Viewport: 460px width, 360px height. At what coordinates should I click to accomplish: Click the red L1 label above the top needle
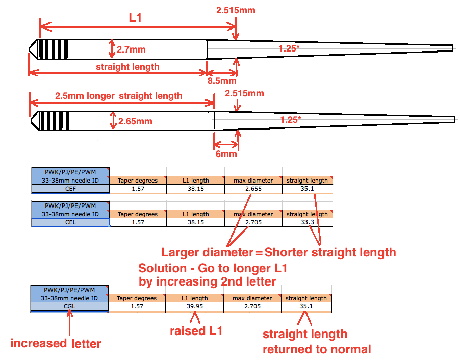[x=135, y=18]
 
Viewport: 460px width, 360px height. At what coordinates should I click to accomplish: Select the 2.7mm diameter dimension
[x=131, y=49]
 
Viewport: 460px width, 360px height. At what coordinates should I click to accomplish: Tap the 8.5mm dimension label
[x=221, y=81]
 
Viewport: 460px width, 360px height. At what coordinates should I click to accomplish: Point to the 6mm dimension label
[x=225, y=153]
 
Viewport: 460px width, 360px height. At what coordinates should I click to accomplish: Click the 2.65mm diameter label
[x=135, y=121]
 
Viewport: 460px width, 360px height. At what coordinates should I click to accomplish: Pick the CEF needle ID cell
[x=70, y=189]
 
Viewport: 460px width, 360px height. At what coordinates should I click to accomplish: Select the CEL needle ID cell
[x=70, y=222]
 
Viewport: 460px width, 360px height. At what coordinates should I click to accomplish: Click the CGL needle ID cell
[x=69, y=306]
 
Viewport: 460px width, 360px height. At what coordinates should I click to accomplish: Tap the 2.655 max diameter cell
[x=253, y=189]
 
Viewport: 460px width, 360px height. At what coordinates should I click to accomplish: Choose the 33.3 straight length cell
[x=306, y=222]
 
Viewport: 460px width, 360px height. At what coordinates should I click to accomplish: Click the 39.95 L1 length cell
[x=194, y=306]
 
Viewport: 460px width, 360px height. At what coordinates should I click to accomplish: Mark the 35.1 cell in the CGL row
[x=306, y=306]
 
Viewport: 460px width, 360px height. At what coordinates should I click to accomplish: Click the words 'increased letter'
[x=56, y=343]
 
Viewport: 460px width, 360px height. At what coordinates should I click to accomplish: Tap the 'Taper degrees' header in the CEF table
[x=138, y=181]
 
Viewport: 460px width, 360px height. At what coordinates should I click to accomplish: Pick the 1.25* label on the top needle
[x=290, y=48]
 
